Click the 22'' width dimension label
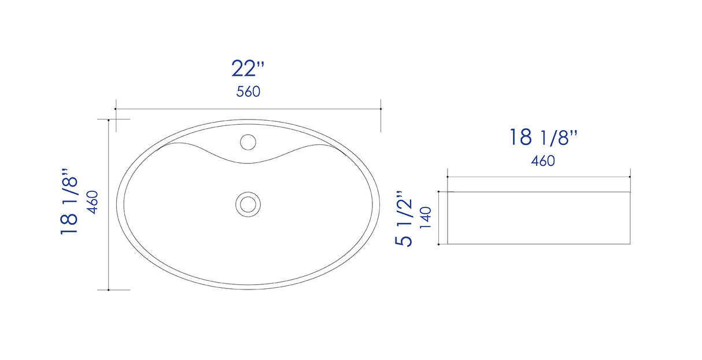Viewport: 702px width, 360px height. (248, 68)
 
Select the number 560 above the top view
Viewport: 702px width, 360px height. (248, 91)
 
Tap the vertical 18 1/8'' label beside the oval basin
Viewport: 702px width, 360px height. (69, 202)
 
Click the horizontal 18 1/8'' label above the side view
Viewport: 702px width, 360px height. (543, 138)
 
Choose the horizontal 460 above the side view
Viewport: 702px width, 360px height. (543, 161)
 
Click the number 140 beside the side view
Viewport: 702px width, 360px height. (426, 218)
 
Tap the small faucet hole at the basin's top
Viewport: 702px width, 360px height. (248, 141)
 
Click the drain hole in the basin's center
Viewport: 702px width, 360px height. (248, 203)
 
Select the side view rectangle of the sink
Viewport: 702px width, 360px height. (538, 218)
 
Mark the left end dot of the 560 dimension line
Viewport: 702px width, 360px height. (116, 109)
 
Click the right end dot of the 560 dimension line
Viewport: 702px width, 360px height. (380, 109)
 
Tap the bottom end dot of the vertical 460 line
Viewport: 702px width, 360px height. (109, 290)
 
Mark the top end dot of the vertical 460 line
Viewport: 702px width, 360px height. (109, 120)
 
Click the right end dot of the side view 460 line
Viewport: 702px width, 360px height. (630, 177)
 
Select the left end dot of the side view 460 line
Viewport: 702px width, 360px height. (448, 177)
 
